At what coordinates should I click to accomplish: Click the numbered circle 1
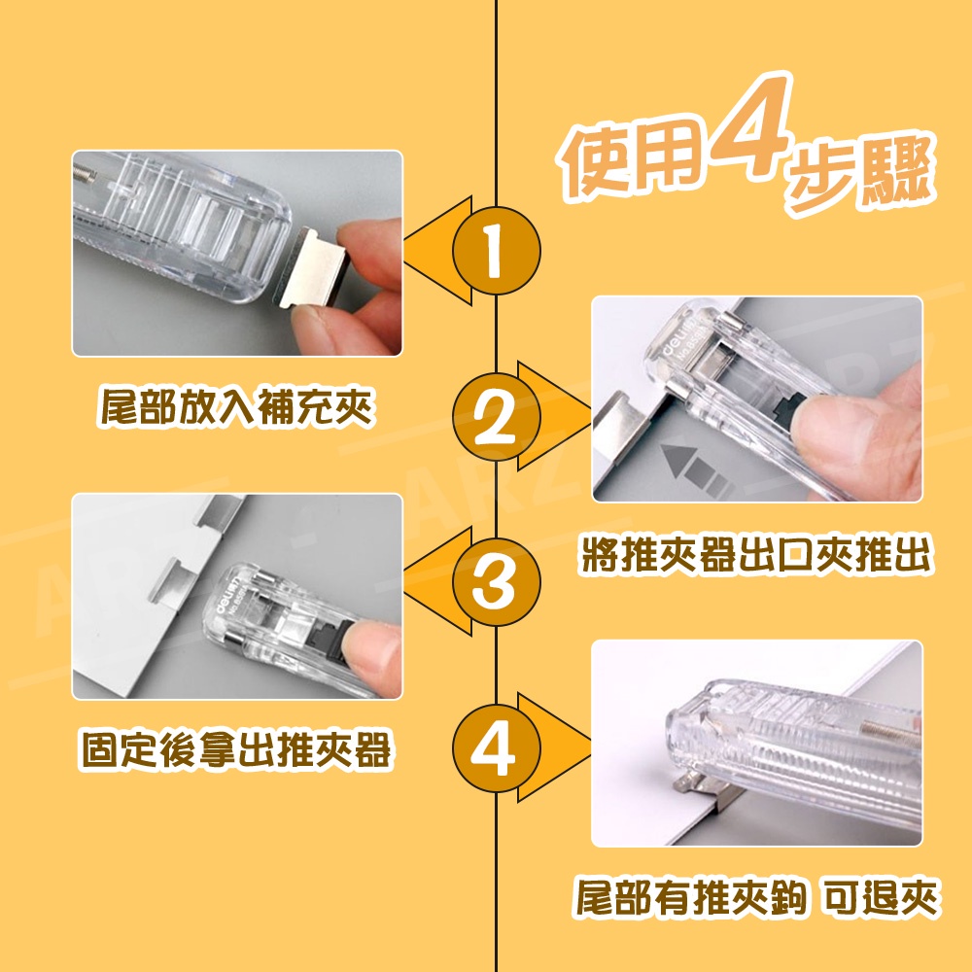coord(496,251)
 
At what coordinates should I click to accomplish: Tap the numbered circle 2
coord(496,417)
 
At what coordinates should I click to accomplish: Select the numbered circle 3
coord(496,581)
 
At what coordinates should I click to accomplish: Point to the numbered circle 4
coord(496,747)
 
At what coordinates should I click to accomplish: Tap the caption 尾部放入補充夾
coord(236,407)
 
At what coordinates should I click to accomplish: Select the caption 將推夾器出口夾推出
coord(755,554)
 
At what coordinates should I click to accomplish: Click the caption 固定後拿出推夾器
coord(236,750)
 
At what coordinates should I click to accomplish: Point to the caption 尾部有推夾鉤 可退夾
coord(755,896)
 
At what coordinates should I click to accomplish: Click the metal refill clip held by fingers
coord(312,266)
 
